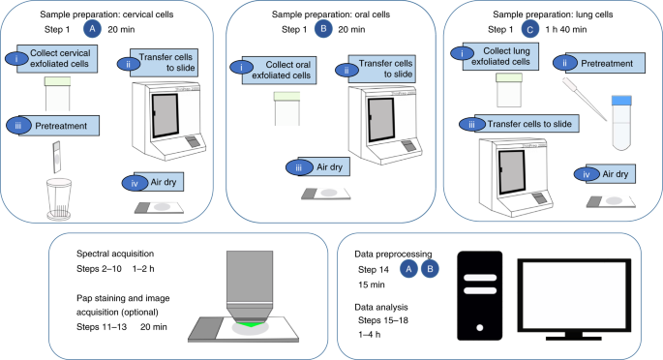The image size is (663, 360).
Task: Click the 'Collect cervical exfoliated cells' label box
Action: pos(57,59)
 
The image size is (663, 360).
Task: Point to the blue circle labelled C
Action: pos(529,30)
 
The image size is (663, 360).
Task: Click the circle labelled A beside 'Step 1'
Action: pos(92,29)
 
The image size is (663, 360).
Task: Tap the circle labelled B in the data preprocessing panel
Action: pos(430,269)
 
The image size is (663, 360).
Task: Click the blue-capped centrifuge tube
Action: pos(621,123)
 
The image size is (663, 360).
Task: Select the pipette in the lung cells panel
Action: pos(585,99)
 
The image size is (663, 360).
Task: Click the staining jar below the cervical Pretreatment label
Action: pos(59,199)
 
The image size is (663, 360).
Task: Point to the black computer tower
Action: pos(480,296)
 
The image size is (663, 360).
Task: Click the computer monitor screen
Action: pos(574,295)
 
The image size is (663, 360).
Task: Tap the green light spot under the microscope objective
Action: pos(250,324)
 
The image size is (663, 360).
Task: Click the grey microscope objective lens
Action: pos(250,286)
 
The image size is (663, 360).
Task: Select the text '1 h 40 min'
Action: pos(566,30)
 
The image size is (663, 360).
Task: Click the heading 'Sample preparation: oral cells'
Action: pos(331,15)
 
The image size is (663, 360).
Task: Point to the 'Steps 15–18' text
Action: pos(383,320)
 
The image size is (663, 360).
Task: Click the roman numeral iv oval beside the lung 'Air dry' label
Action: pos(587,174)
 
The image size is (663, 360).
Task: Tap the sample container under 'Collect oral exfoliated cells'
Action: pos(287,108)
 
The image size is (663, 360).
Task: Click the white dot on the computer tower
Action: pos(480,327)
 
